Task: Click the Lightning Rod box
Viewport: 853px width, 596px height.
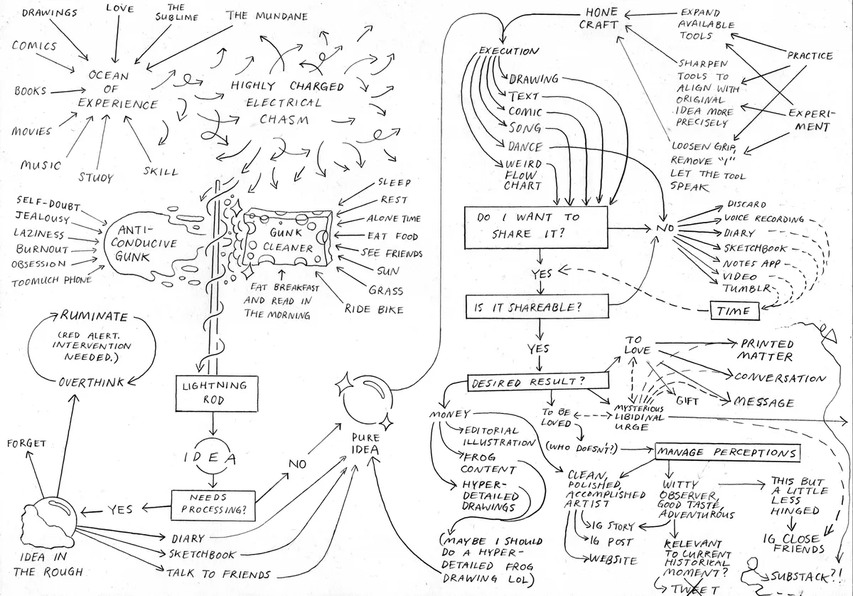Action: tap(212, 393)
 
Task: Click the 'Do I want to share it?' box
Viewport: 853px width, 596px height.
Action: tap(536, 226)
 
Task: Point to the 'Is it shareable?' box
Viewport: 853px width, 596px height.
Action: tap(539, 308)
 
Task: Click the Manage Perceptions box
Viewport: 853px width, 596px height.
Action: tap(726, 452)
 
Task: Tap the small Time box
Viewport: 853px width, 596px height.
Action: tap(734, 311)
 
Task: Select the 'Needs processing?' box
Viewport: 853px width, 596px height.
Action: tap(212, 504)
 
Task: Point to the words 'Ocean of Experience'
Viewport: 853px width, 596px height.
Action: tap(117, 90)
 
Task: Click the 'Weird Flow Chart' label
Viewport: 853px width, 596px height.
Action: tap(525, 175)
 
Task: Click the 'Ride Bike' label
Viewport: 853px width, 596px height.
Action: tap(374, 309)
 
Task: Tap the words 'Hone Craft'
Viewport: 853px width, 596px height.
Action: tap(602, 19)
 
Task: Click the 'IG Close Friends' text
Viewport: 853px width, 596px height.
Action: tap(793, 544)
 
